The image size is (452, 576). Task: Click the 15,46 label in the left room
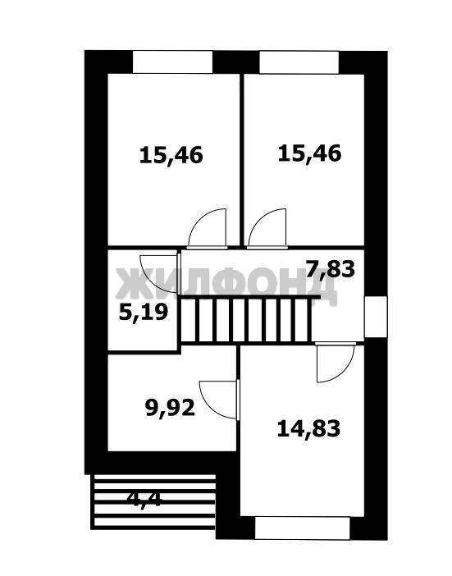pos(171,156)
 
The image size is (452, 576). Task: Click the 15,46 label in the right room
pos(309,153)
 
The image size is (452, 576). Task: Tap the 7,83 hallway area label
pos(331,269)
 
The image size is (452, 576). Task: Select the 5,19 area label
pos(144,313)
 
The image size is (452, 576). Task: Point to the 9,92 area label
pos(170,408)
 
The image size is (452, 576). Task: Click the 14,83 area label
pos(308,428)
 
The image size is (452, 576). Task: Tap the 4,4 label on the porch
pos(144,499)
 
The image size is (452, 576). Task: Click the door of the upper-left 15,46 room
pos(208,228)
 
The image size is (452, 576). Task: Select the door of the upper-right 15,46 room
pos(267,228)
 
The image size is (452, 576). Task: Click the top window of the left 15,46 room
pos(172,62)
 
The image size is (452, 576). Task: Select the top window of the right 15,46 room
pos(299,62)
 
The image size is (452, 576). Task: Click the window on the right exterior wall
pos(376,317)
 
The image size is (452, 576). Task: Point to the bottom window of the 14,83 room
pos(302,528)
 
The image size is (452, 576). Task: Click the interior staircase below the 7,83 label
pos(246,320)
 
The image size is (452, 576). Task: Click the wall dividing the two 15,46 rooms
pos(242,160)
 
